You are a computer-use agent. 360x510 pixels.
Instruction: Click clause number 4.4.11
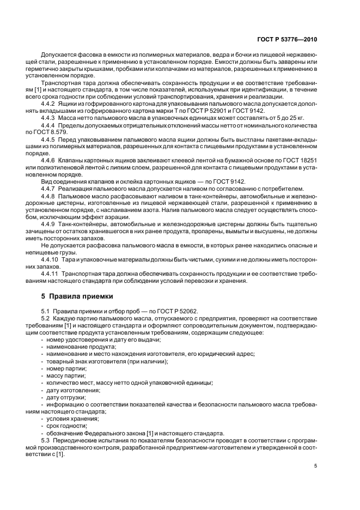click(x=52, y=274)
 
